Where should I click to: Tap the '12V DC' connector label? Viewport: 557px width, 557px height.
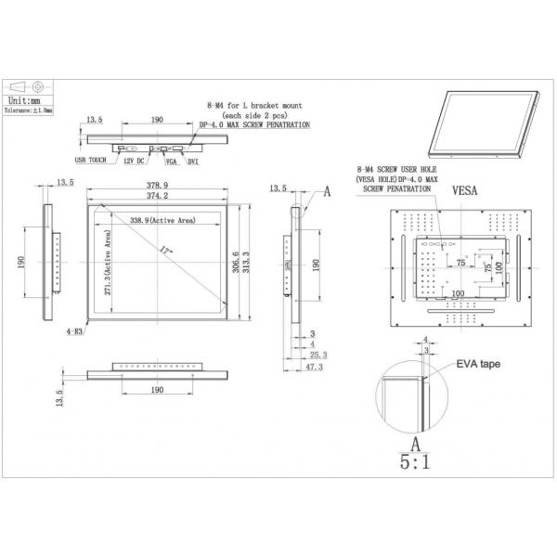pos(133,161)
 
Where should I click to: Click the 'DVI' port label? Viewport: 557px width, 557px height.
pos(194,161)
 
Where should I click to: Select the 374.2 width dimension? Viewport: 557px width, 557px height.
pos(155,196)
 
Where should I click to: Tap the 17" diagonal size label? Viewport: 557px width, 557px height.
pos(165,251)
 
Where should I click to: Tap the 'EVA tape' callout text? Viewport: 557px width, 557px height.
pos(477,365)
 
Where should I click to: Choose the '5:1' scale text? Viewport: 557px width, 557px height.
pos(415,461)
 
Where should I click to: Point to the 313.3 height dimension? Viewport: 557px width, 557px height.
pos(245,264)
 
